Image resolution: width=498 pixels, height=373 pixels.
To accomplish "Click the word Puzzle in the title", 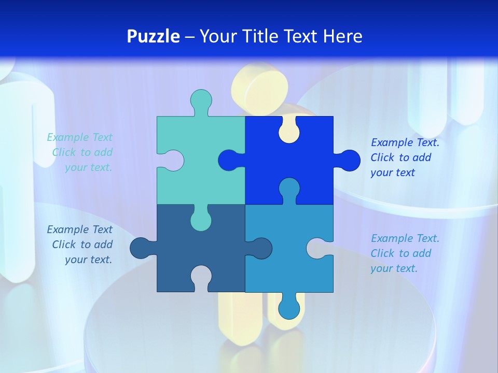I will tap(153, 36).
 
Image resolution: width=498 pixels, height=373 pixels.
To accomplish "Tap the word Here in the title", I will tap(342, 36).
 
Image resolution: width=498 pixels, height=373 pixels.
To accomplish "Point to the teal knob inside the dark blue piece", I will tap(201, 220).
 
